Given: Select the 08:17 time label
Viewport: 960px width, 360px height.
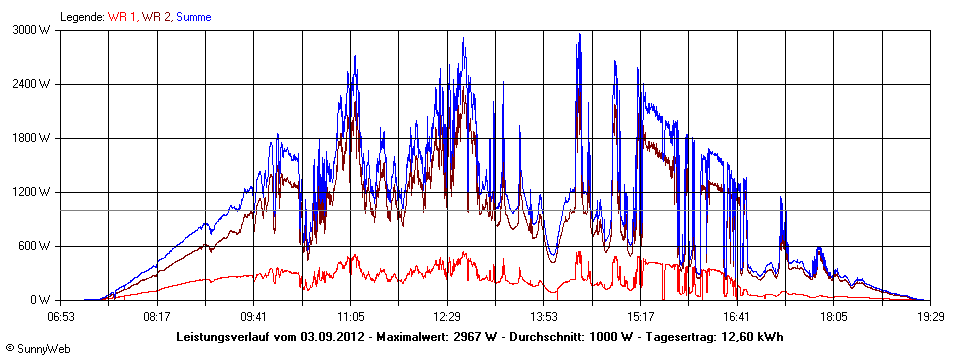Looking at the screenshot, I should click(x=157, y=316).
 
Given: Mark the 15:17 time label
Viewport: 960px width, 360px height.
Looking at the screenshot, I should click(x=641, y=316).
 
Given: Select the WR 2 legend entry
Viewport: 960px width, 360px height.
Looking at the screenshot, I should click(x=156, y=17).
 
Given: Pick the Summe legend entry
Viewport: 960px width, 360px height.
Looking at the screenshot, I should click(x=193, y=17).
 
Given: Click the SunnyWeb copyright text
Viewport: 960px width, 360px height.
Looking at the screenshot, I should click(x=33, y=348).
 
